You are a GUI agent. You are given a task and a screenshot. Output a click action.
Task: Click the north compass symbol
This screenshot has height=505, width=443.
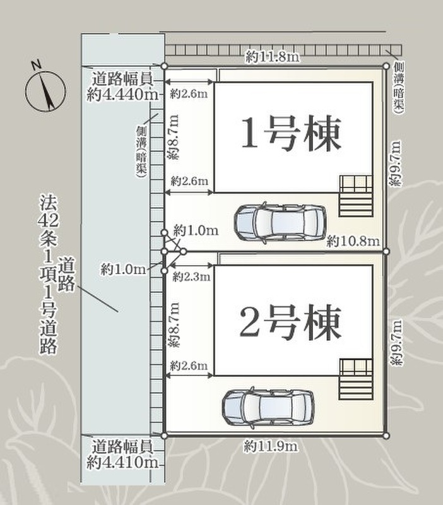point(45,90)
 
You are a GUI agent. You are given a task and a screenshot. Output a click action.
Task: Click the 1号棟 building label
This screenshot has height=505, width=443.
point(291,134)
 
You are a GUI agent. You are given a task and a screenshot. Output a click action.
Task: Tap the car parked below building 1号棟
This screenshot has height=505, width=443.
point(280,222)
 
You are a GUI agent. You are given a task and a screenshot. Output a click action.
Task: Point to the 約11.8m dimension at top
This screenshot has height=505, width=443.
point(273,57)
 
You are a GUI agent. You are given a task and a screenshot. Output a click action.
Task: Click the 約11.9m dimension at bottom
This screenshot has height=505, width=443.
point(271,446)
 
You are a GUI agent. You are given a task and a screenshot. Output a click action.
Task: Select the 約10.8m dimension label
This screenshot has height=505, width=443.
point(353,241)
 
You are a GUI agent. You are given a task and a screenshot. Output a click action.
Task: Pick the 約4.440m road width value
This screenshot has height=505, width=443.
point(122,94)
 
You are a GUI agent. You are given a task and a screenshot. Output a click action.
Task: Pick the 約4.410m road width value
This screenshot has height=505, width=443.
point(122,463)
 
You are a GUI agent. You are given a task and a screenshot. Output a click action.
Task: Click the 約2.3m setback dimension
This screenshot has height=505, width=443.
point(191,276)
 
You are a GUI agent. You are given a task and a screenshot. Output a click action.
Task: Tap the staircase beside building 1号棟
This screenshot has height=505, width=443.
point(356,196)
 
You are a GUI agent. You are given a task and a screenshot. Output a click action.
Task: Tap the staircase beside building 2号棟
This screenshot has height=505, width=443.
point(356,380)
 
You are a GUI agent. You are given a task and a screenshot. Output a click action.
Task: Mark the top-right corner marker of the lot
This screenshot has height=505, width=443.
point(386,66)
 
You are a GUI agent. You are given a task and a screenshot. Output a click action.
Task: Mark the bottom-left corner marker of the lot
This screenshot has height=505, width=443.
point(164,436)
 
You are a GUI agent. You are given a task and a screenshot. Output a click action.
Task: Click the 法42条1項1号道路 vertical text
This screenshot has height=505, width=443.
point(49,274)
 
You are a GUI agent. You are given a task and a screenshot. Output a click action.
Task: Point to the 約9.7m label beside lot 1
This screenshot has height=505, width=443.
point(395,163)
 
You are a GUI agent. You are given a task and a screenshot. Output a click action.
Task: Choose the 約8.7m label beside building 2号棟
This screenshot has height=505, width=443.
point(174,325)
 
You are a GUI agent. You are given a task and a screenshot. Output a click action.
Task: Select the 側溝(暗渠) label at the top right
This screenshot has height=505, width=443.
point(399,88)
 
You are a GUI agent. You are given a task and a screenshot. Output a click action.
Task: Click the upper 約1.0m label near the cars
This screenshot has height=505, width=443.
point(196,230)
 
